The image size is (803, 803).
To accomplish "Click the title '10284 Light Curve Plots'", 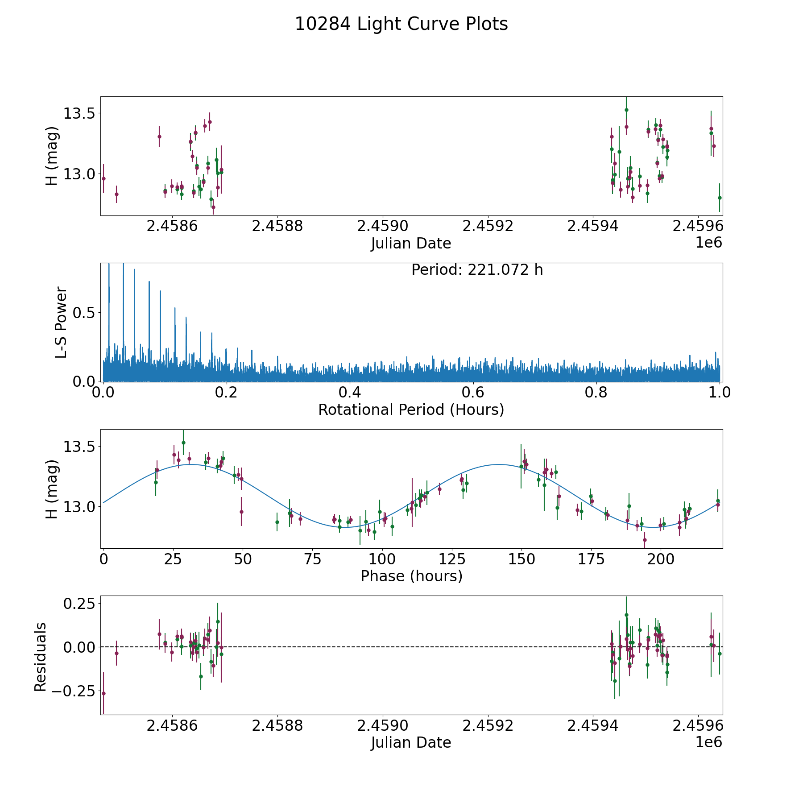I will coord(401,24).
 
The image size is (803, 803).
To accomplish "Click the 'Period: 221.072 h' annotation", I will coord(477,270).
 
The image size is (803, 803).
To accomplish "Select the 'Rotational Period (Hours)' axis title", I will coord(411,410).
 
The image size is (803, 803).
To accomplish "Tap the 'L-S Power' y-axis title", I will coord(61,323).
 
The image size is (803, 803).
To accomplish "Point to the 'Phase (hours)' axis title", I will coord(411,576).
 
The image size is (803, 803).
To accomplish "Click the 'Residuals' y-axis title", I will coord(41,657).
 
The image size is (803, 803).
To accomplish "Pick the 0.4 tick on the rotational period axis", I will coord(350,393).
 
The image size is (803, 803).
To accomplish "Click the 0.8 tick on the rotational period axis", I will coord(596,393).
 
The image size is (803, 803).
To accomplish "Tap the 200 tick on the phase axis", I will coord(661,559).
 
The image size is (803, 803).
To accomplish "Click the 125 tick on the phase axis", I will coord(452,559).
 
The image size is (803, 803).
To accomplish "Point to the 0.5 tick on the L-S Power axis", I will coord(85,313).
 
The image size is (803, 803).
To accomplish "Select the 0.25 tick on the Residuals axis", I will coord(79,604).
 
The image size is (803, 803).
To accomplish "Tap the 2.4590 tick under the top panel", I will coord(382,226).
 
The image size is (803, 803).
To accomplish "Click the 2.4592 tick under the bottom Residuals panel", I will coord(488,726).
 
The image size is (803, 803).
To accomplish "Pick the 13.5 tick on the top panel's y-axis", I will coord(79,113).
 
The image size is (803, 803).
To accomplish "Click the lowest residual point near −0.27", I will coord(103,693).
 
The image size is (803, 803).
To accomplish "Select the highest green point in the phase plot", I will coord(183,443).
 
